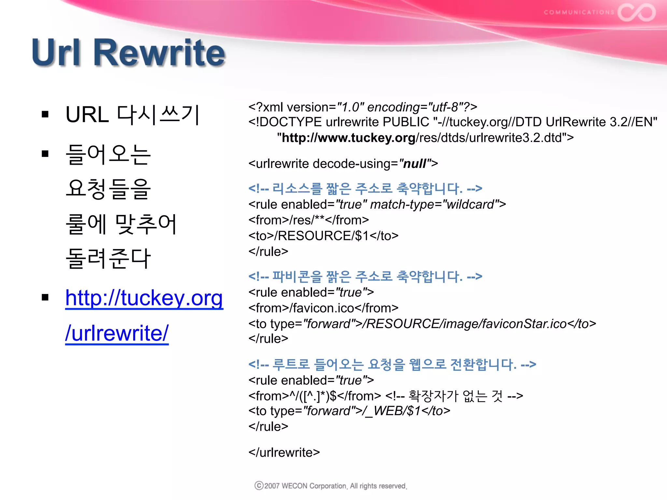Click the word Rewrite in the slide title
(x=160, y=53)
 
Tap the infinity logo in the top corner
(x=637, y=12)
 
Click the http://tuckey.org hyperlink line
(x=144, y=298)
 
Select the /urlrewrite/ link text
(x=117, y=333)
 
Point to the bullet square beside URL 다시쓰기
(x=45, y=114)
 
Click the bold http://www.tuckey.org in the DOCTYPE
(x=348, y=138)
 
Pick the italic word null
(x=415, y=164)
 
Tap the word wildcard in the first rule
(x=471, y=204)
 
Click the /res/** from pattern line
(x=308, y=220)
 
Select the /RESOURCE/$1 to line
(x=323, y=236)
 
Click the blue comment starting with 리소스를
(x=365, y=188)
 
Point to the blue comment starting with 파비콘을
(x=365, y=276)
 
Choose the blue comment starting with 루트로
(x=392, y=364)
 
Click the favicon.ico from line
(x=323, y=308)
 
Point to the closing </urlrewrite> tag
(x=284, y=452)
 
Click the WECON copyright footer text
(x=331, y=486)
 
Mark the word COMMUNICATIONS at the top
(x=579, y=12)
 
